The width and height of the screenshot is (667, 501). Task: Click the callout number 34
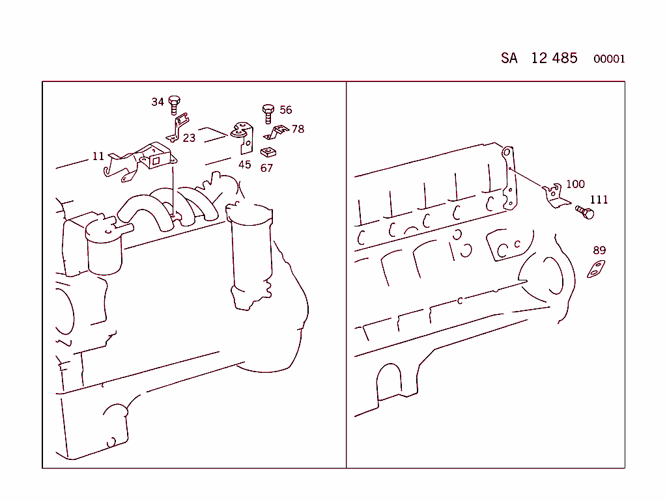[x=158, y=102]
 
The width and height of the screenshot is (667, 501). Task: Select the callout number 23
[x=189, y=138]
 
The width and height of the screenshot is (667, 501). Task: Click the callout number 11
[x=98, y=156]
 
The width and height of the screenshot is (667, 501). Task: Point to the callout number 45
[x=244, y=165]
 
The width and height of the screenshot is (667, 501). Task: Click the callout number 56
[x=285, y=110]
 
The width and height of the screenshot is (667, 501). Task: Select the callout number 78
[x=298, y=129]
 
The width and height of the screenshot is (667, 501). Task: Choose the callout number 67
[x=266, y=168]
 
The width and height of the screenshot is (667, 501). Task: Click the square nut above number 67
[x=266, y=153]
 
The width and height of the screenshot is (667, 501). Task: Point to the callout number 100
[x=575, y=184]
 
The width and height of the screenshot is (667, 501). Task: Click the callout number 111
[x=599, y=200]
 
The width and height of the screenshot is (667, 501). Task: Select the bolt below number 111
[x=586, y=212]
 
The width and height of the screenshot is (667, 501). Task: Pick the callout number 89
[x=599, y=250]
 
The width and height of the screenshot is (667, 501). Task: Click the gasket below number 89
[x=596, y=269]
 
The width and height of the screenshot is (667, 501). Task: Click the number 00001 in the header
[x=609, y=59]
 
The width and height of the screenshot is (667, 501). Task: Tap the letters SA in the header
[x=509, y=58]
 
